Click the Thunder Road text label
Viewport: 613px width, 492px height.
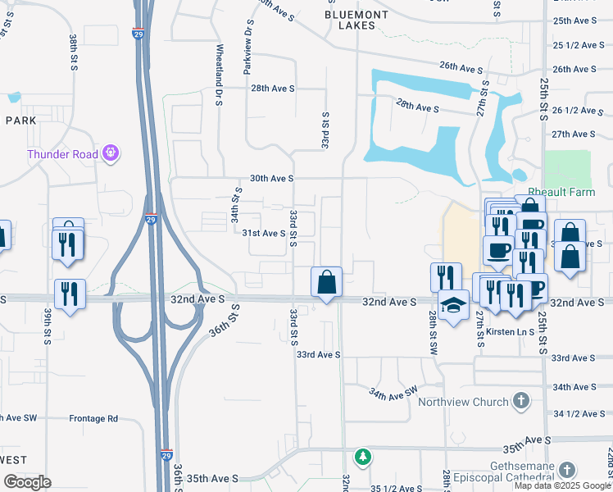click(62, 153)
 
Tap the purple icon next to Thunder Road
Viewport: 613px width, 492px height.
click(112, 153)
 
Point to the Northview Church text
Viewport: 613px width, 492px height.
click(462, 402)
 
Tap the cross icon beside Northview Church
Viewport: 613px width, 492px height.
click(520, 401)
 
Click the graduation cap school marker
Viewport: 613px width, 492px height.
click(453, 306)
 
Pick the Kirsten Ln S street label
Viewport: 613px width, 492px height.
click(509, 331)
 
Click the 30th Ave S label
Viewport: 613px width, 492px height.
click(271, 178)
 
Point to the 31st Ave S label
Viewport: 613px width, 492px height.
click(263, 233)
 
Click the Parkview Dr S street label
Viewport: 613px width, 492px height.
click(247, 54)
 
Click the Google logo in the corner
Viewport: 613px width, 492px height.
click(27, 482)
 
